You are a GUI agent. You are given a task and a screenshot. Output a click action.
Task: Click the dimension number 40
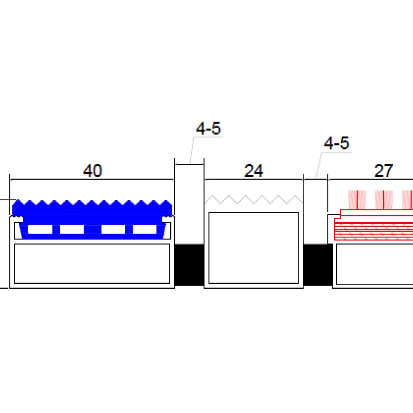[x=93, y=171]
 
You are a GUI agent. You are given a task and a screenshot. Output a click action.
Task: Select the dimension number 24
[x=254, y=171]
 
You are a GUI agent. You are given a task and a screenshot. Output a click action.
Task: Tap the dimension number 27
[x=384, y=171]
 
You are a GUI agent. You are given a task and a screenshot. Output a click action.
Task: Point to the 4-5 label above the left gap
[x=208, y=128]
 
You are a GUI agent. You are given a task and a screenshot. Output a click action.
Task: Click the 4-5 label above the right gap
[x=337, y=143]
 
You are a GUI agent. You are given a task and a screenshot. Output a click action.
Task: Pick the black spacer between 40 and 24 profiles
[x=190, y=265]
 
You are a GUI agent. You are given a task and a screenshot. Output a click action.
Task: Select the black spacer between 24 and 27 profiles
[x=318, y=265]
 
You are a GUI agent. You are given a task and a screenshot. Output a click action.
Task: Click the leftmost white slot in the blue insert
[x=40, y=229]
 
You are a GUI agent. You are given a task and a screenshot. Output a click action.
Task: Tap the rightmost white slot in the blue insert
[x=145, y=229]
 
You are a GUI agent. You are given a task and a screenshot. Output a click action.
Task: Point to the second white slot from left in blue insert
[x=72, y=229]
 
